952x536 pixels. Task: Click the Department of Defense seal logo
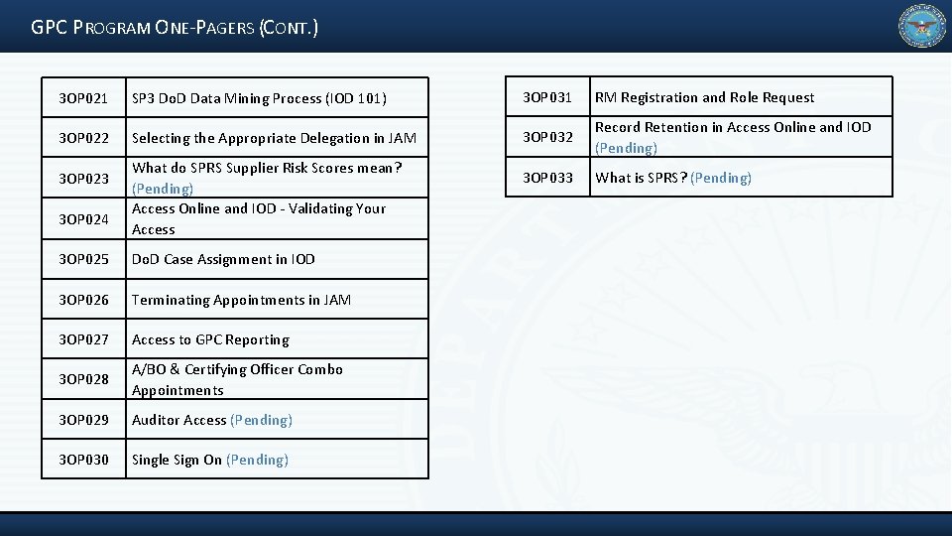921,26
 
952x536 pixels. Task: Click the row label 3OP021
83,98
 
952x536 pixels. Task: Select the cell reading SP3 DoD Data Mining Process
259,98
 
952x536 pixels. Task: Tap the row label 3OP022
83,138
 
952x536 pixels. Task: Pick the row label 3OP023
83,179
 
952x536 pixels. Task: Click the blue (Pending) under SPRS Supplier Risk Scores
163,189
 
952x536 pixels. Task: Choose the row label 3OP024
83,218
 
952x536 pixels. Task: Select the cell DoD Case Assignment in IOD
223,259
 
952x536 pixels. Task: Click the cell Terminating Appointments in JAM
241,300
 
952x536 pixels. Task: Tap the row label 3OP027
83,339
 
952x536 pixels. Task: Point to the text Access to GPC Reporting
210,339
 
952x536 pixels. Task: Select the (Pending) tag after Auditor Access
261,420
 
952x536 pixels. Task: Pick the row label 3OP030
83,460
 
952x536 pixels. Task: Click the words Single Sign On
177,460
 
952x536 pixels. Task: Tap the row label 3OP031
547,97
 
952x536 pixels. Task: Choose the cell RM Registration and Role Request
704,97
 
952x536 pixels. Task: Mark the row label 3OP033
547,178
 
